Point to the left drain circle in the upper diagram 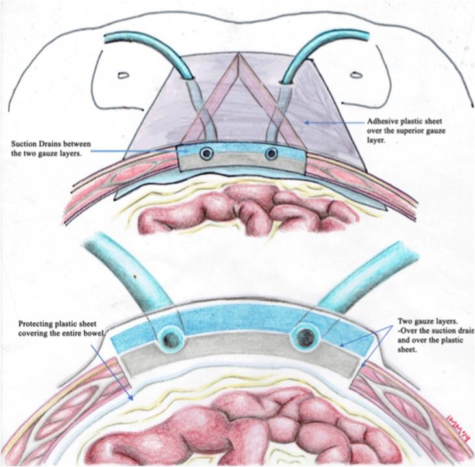click(x=206, y=154)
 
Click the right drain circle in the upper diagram click(x=272, y=154)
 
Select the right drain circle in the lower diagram click(x=305, y=336)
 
